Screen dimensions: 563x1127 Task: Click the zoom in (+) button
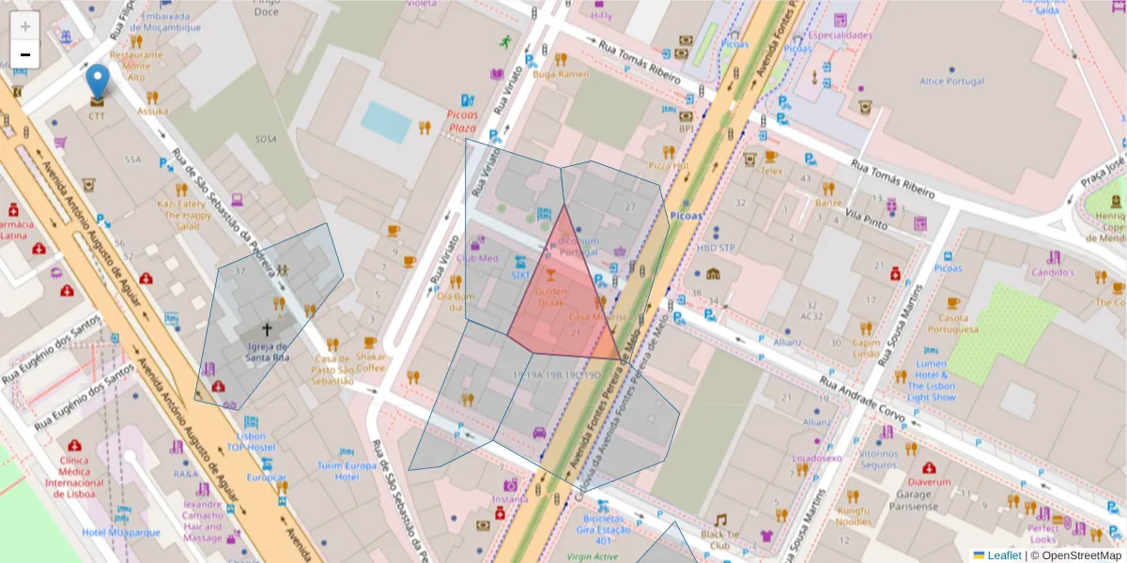pos(25,26)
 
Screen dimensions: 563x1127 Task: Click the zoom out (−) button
pos(25,54)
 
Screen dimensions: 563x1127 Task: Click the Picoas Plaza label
pos(463,121)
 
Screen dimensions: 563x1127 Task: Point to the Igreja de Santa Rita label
pos(267,352)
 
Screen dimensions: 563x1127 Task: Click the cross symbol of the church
pos(267,329)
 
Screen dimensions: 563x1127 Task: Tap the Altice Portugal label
pos(952,82)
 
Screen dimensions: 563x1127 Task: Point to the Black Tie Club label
pos(720,540)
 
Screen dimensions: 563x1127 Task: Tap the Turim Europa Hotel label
pos(347,471)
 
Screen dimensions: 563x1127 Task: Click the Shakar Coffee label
pos(371,362)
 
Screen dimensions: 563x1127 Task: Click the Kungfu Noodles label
pos(854,515)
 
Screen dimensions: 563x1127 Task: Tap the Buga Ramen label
pos(561,74)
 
